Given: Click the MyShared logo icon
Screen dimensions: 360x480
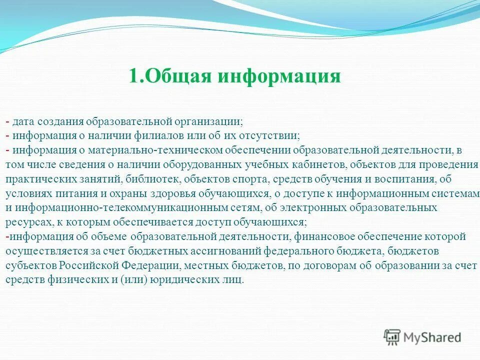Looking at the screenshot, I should (392, 337).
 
